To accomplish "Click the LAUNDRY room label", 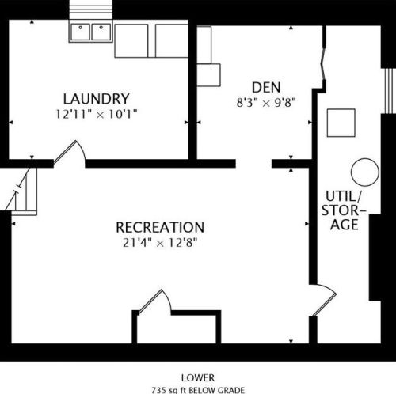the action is [97, 99].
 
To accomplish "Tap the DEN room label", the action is [266, 88].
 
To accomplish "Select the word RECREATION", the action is [160, 227].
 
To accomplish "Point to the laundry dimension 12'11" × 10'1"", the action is [97, 115].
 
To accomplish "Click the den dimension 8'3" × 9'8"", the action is [266, 102].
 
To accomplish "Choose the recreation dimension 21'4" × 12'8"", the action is [160, 243].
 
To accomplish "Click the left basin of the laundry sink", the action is [80, 32].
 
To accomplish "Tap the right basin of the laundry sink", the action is [101, 32].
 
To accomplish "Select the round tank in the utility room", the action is [365, 172].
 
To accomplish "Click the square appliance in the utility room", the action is [341, 123].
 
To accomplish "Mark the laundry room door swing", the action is [70, 152].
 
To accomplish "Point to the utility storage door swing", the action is [324, 300].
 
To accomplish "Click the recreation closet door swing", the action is [154, 301].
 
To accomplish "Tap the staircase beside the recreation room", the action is [21, 191].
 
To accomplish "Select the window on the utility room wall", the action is [388, 91].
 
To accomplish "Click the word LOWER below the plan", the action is [198, 378].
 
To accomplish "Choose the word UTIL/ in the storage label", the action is [345, 196].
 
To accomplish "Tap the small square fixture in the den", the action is [209, 75].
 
